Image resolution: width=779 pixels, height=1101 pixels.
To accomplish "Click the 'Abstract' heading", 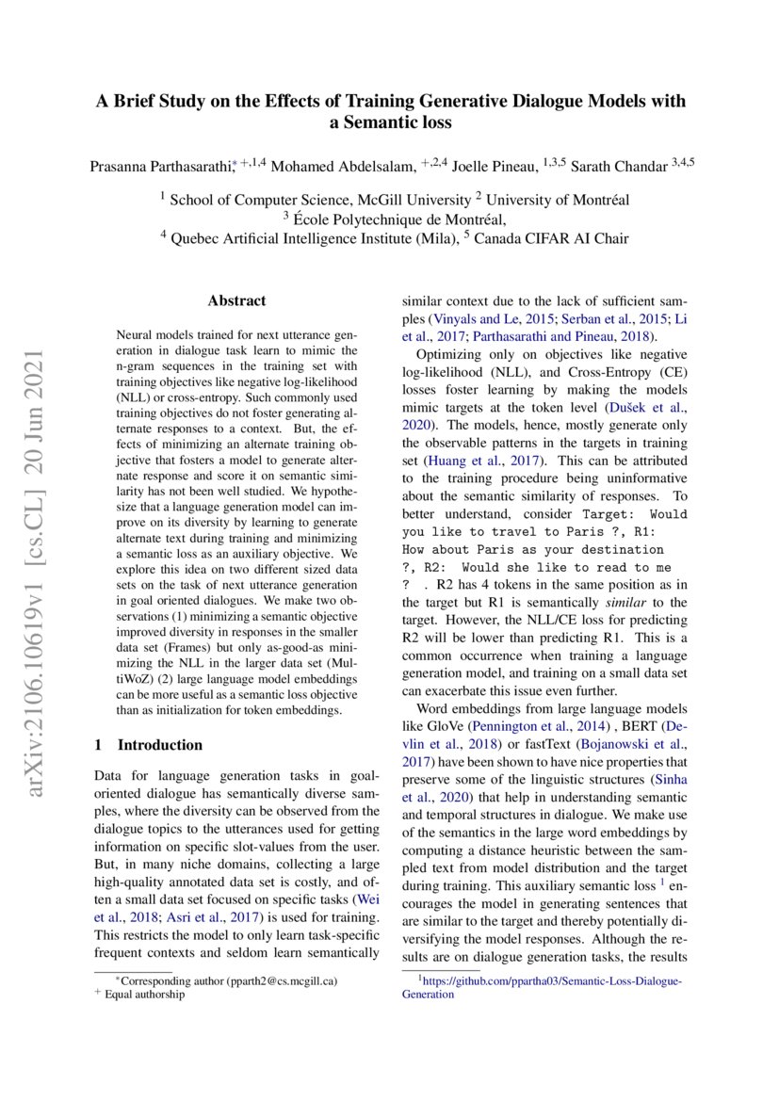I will tap(236, 301).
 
